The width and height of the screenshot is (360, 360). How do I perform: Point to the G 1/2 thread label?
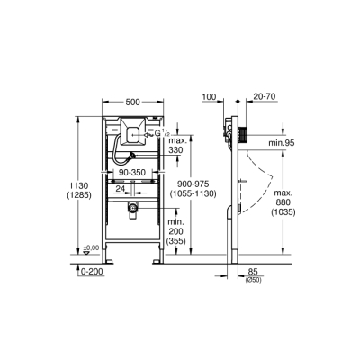click(x=160, y=136)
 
